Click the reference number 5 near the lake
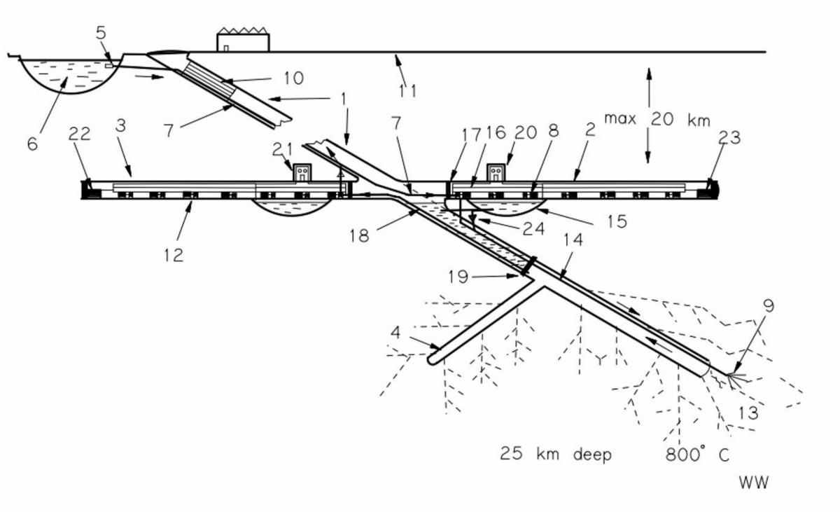[101, 33]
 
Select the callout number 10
[294, 78]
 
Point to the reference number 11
[407, 91]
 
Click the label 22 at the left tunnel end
[80, 134]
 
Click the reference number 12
[174, 255]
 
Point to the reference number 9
[768, 306]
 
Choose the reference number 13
[748, 413]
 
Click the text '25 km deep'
[555, 455]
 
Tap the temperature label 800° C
[696, 455]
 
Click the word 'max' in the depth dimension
[619, 119]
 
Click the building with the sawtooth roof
[243, 41]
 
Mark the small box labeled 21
[302, 173]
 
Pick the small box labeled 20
[496, 172]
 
